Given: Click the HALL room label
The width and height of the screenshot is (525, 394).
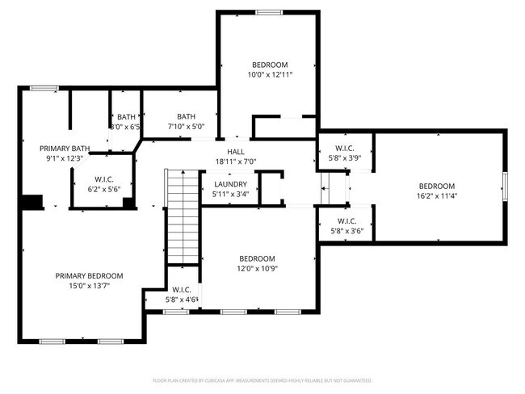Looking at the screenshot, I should pyautogui.click(x=235, y=152).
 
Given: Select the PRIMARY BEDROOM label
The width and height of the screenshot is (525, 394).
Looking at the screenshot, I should pyautogui.click(x=89, y=275).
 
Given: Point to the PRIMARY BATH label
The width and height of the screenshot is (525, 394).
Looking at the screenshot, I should pyautogui.click(x=64, y=149).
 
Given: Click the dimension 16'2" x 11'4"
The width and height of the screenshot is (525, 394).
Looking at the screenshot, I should pyautogui.click(x=437, y=195).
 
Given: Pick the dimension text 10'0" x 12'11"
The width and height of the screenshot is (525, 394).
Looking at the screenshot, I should pyautogui.click(x=270, y=74).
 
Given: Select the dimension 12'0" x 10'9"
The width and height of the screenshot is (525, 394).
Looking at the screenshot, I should pyautogui.click(x=257, y=269).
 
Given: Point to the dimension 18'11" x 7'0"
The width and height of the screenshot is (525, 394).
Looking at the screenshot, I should pyautogui.click(x=235, y=161).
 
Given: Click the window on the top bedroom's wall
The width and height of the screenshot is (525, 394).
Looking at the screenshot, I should pyautogui.click(x=269, y=12).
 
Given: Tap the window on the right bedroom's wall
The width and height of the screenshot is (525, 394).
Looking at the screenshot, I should pyautogui.click(x=506, y=186).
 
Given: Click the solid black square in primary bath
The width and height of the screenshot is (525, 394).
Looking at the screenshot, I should pyautogui.click(x=32, y=202).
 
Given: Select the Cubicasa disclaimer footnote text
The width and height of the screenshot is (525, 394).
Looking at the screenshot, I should pyautogui.click(x=262, y=379).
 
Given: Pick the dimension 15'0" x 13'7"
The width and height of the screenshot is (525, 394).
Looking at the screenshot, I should pyautogui.click(x=89, y=286).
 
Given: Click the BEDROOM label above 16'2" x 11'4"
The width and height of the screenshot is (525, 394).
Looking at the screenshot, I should pyautogui.click(x=437, y=186).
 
